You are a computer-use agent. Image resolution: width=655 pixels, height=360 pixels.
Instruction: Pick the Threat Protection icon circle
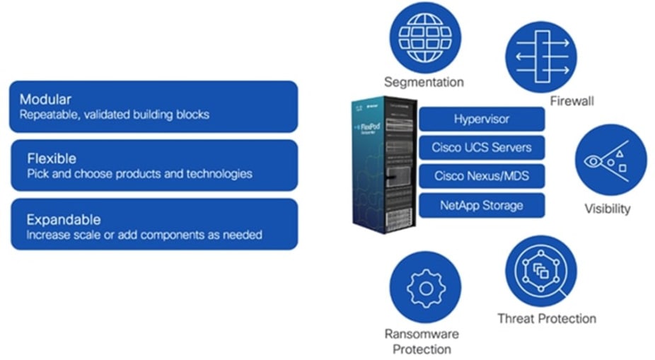click(540, 271)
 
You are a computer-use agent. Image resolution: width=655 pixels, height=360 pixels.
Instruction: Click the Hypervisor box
click(482, 119)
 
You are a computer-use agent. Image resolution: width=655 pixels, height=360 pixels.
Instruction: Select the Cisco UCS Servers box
click(482, 148)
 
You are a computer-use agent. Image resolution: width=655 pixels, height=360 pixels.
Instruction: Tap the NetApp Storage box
click(482, 205)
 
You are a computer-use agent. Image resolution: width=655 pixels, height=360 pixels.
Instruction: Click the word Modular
click(45, 99)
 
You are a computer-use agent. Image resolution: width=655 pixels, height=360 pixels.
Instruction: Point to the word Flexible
click(51, 158)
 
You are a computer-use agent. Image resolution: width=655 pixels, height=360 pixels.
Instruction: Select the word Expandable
click(63, 219)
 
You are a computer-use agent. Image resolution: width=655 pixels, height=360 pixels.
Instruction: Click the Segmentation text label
click(424, 82)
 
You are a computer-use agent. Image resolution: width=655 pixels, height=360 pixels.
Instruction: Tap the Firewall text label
click(572, 101)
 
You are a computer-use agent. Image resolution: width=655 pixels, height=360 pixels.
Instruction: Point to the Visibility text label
click(607, 209)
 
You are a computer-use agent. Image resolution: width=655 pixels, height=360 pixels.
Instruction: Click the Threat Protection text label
click(546, 318)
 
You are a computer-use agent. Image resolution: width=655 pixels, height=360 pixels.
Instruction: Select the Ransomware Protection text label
click(422, 341)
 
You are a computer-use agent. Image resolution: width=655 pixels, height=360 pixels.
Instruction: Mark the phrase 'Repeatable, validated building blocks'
click(114, 114)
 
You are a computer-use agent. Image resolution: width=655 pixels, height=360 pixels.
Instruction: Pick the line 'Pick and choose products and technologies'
click(139, 173)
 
